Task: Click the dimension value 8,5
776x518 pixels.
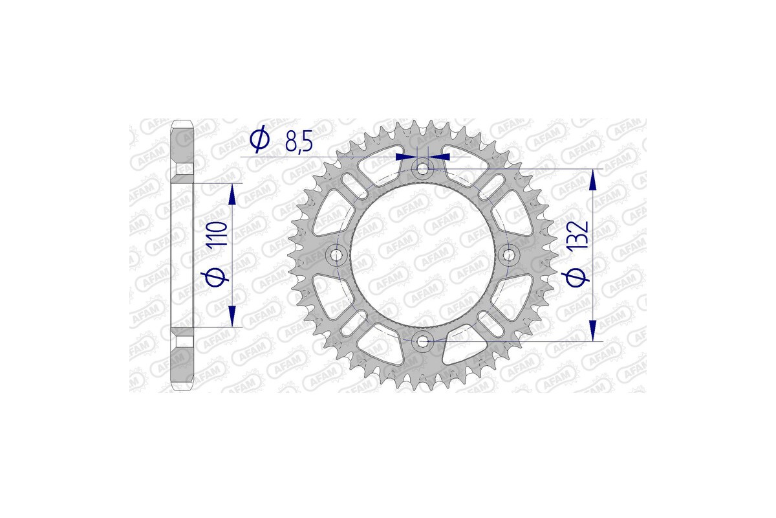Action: [x=299, y=141]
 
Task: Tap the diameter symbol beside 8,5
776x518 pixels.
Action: [x=259, y=140]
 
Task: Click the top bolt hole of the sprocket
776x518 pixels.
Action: [x=423, y=169]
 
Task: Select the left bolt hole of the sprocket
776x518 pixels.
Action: [x=337, y=255]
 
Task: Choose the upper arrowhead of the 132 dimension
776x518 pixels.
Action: [x=592, y=180]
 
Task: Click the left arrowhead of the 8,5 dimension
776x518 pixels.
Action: [x=406, y=157]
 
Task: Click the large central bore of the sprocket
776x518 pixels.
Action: [x=423, y=255]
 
